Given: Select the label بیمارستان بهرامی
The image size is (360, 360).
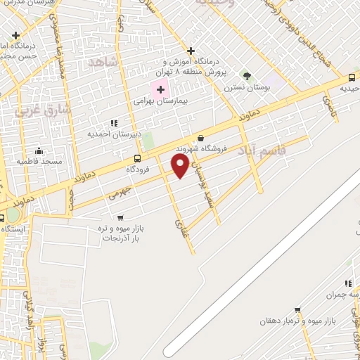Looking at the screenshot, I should pyautogui.click(x=162, y=101).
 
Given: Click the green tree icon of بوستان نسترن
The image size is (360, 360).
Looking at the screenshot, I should pyautogui.click(x=246, y=75).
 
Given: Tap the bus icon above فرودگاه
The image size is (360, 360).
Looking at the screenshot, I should pyautogui.click(x=137, y=158).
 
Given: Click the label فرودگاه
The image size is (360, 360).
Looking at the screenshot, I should pyautogui.click(x=140, y=169).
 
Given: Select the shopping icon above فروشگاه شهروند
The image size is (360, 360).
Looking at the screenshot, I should pyautogui.click(x=202, y=138).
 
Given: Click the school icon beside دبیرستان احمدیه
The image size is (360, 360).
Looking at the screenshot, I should pyautogui.click(x=113, y=123).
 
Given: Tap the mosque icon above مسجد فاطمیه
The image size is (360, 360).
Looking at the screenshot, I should pyautogui.click(x=39, y=150).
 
